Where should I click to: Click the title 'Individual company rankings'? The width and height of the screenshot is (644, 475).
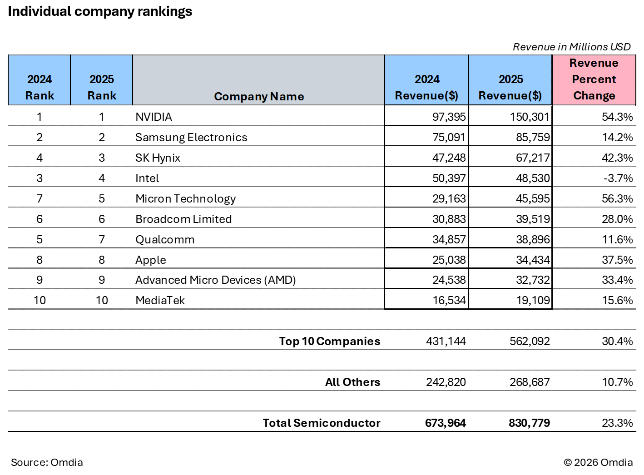point(100,11)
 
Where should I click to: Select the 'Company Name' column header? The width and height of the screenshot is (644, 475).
point(259,96)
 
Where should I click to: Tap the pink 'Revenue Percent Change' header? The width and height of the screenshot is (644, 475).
point(594,79)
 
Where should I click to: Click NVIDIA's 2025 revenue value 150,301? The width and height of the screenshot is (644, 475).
point(530,117)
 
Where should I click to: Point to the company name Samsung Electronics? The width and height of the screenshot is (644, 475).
point(191,138)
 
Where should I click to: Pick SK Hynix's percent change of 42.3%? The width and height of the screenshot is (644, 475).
point(617,158)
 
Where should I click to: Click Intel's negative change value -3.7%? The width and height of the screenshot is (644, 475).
point(618,178)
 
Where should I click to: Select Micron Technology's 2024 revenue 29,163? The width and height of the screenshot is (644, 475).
point(449,199)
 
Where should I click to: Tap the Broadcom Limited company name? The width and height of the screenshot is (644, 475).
point(183,219)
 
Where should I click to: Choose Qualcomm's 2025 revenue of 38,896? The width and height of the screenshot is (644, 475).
point(533,240)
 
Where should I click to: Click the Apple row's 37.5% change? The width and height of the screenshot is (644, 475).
point(617,260)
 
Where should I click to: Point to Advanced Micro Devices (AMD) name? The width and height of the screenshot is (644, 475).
point(216,280)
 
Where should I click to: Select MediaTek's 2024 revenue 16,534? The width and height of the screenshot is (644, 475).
point(449,301)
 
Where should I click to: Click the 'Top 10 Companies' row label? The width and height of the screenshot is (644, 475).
point(329,341)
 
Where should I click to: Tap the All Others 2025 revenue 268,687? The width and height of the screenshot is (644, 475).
point(530,382)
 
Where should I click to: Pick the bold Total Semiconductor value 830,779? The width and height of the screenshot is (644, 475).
point(529,423)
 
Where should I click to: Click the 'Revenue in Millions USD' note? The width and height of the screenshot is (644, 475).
point(571,47)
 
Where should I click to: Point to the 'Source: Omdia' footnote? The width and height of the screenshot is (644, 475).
point(47,462)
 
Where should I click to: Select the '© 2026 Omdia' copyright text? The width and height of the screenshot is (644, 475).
point(598,462)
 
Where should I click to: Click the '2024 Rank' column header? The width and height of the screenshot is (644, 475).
point(40,87)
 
